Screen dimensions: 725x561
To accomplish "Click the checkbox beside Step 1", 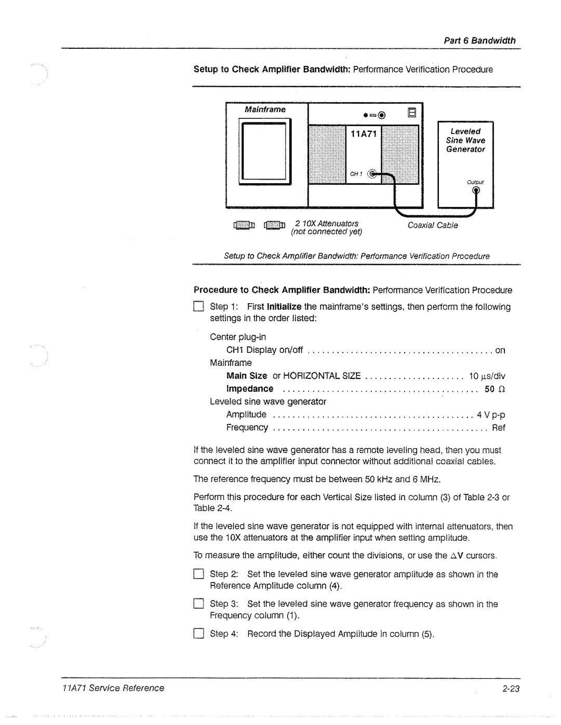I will point(198,307).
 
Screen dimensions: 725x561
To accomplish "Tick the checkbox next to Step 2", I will point(198,574).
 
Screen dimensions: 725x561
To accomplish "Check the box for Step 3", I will point(198,604).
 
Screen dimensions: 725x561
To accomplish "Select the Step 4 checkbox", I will point(198,634).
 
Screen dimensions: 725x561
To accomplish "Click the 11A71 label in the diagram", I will point(364,134).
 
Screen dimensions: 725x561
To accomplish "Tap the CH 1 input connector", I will point(372,174).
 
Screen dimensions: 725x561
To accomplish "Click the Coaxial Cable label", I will point(433,225).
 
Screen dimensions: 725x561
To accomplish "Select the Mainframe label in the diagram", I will point(265,110).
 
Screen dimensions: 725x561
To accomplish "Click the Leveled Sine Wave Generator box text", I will point(465,140).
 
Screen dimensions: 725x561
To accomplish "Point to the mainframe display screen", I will point(265,150).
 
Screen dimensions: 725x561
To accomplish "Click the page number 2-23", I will point(511,688).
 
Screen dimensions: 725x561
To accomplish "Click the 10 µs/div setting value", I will point(487,376).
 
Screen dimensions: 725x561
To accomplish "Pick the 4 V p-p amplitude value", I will point(491,415).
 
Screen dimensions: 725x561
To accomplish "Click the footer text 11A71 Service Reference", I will point(113,688).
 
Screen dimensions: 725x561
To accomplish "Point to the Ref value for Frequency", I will point(498,428).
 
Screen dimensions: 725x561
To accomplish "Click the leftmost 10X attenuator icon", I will point(244,226).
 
